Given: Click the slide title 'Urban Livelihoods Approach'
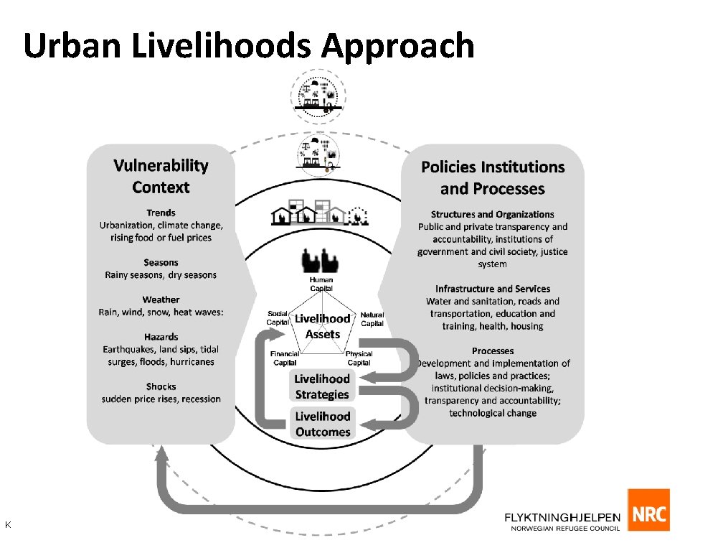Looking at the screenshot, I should point(249,46).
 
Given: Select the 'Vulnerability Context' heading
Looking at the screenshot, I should point(161,177).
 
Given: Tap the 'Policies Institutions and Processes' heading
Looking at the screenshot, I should point(493,178).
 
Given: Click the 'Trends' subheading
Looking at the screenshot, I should point(161,213).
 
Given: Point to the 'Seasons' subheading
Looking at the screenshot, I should point(161,263).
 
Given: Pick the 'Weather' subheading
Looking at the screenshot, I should point(161,300).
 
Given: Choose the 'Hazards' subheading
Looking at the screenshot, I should point(161,337).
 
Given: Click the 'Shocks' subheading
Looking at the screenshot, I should point(161,386).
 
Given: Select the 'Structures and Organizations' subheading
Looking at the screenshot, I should point(493,214).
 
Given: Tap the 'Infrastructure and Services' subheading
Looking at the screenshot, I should point(493,289).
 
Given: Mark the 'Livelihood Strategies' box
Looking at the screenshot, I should point(322,386).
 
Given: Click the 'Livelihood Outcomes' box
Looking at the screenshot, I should point(323,424).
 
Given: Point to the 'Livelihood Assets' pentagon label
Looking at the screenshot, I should point(323,326).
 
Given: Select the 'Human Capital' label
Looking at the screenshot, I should point(321,284).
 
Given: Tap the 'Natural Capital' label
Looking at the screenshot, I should point(372,319).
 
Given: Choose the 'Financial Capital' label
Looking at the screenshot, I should point(285,358).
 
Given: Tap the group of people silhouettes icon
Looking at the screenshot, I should point(321,260).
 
